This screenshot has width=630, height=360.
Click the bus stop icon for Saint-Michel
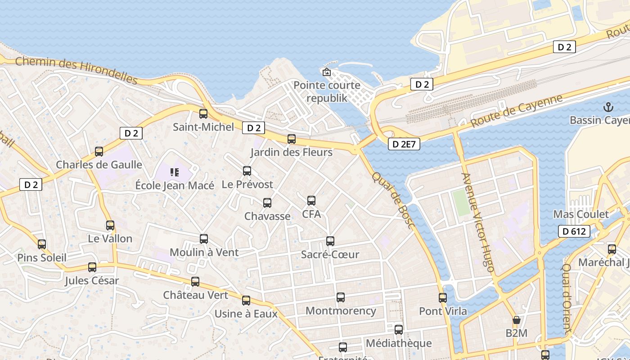[x=203, y=114]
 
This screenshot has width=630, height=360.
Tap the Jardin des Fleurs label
[x=292, y=152]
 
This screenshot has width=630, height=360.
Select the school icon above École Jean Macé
[x=175, y=172]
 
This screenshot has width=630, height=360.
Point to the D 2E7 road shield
[x=404, y=144]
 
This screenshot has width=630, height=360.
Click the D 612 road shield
[x=574, y=231]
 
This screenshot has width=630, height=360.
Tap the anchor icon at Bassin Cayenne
[x=608, y=107]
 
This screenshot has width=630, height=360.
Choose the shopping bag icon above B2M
[x=516, y=320]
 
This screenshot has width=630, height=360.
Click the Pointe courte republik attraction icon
[x=327, y=72]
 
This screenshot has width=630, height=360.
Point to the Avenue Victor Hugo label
[x=478, y=222]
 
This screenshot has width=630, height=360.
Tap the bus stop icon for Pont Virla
[x=443, y=298]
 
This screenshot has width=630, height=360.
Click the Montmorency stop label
[x=341, y=310]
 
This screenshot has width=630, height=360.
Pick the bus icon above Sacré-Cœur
[x=330, y=241]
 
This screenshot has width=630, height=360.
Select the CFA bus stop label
[x=311, y=214]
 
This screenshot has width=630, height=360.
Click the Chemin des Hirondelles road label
[x=76, y=71]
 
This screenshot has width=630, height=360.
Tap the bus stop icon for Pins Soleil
[x=42, y=244]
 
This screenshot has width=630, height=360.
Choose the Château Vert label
[x=195, y=295]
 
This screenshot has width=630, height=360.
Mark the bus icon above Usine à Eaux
[x=246, y=301]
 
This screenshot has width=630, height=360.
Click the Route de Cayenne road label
[x=517, y=111]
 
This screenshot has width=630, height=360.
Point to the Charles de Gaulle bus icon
[x=99, y=152]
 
